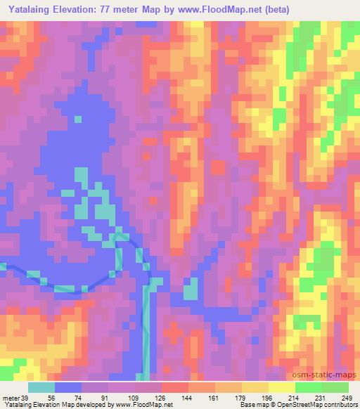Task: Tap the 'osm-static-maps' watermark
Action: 330,375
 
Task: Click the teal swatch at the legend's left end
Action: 41,387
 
